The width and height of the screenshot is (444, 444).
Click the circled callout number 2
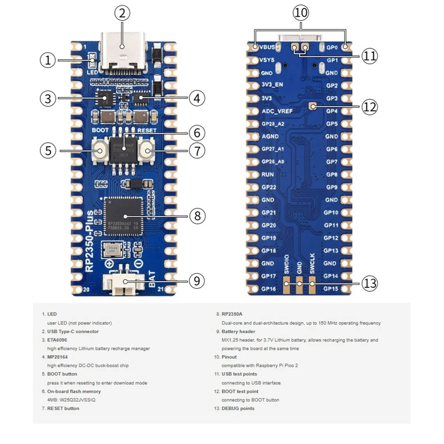click(x=122, y=13)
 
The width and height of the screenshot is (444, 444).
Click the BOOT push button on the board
click(x=100, y=151)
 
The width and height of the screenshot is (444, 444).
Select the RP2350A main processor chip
click(x=124, y=216)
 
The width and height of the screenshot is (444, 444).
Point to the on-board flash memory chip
click(x=124, y=150)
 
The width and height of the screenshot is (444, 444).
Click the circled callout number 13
click(x=370, y=284)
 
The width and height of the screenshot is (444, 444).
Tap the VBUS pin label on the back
click(x=267, y=47)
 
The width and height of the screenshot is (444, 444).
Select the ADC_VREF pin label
click(x=277, y=111)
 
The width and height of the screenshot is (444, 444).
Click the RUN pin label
click(x=268, y=174)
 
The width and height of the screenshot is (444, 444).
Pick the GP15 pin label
click(x=331, y=289)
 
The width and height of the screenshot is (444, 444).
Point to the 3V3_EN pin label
click(x=272, y=85)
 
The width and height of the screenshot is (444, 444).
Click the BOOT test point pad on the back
click(x=313, y=107)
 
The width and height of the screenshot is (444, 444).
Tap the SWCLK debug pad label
click(x=312, y=263)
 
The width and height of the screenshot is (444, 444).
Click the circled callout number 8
click(x=197, y=216)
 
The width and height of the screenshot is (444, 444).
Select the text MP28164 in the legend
click(x=57, y=357)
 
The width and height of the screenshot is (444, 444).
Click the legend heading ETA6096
click(x=57, y=340)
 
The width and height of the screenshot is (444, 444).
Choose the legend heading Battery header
click(x=238, y=332)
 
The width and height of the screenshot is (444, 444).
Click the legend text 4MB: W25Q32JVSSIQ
click(x=71, y=400)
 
